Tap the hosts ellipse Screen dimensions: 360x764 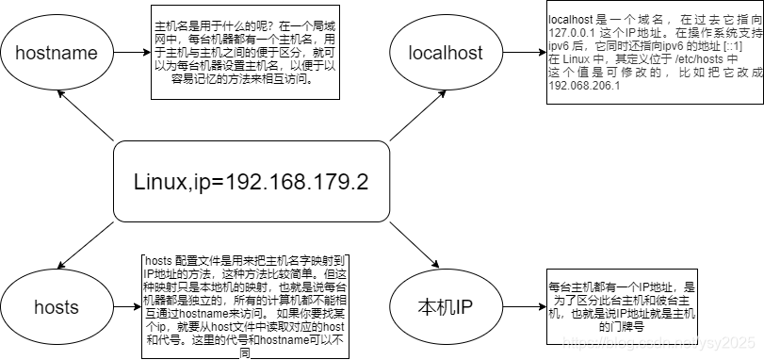pyautogui.click(x=57, y=306)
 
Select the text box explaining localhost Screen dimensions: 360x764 pyautogui.click(x=649, y=51)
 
